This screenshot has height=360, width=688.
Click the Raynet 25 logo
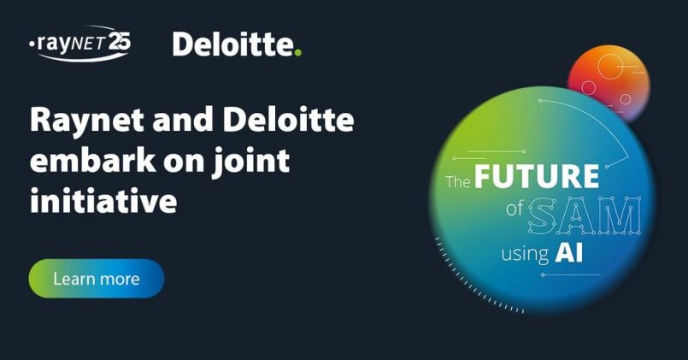pos(79,43)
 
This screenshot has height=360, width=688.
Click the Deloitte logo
pos(237,44)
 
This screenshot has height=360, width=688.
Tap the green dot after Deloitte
pos(298,53)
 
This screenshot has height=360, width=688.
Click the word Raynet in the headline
pos(87,121)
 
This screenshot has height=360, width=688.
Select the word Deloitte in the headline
pos(288,120)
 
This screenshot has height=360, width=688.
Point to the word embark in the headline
pos(92,160)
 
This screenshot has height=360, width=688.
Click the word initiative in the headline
pos(103,200)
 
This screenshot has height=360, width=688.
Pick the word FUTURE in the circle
pos(537,176)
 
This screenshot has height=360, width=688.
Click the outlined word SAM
pos(584,215)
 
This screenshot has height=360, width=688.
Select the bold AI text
pos(569,253)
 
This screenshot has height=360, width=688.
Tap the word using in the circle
pos(526,255)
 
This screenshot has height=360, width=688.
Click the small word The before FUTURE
pos(458,181)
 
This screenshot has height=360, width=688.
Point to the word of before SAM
pos(515,209)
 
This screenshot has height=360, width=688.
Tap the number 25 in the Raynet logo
pos(120,42)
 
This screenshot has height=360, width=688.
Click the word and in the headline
pos(184,120)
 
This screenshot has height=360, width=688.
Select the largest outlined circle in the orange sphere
pos(610,67)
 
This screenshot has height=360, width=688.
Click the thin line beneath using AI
pos(571,274)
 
